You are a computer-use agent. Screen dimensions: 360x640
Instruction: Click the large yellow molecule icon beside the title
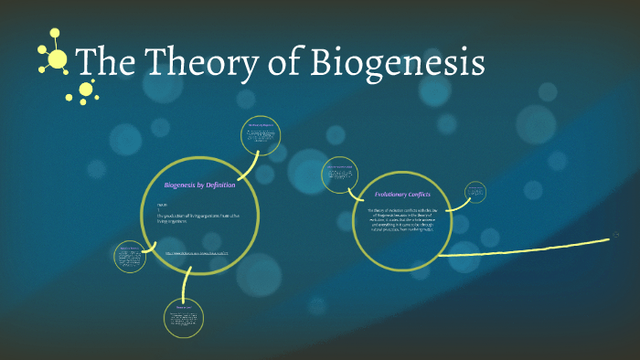56,58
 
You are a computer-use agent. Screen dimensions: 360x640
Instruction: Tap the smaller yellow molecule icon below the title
87,89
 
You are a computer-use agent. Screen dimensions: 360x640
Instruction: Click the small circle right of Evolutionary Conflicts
475,191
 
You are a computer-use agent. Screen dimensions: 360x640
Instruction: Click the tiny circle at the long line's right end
603,239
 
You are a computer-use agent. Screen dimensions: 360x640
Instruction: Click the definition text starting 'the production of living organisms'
198,217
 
